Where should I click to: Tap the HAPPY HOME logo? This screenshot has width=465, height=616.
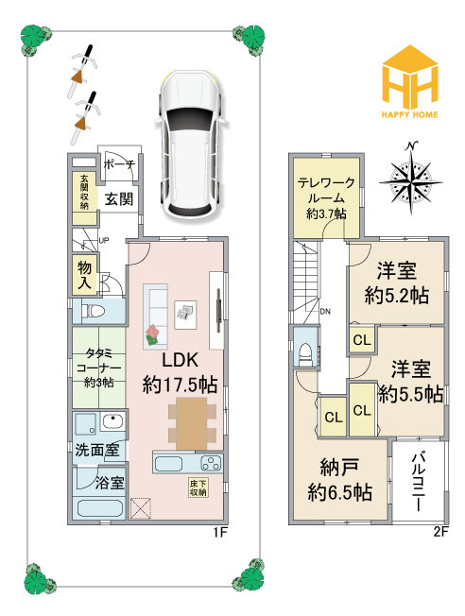[x=409, y=81]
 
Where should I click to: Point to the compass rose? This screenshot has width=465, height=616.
[x=411, y=178]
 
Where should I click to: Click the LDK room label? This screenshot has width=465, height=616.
[x=180, y=372]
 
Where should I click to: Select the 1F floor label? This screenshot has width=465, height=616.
[x=220, y=532]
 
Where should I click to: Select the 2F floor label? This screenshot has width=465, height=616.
[x=441, y=532]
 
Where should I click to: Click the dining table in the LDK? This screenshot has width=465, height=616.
[x=192, y=423]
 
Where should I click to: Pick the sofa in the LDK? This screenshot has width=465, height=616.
[x=155, y=316]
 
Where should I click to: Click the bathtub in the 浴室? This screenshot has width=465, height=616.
[x=99, y=508]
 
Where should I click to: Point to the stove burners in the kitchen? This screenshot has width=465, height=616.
[x=212, y=463]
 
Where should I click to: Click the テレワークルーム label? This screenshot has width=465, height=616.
[x=326, y=198]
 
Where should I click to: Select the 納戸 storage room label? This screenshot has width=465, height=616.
[x=339, y=480]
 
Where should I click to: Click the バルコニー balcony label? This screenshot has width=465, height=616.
[x=420, y=482]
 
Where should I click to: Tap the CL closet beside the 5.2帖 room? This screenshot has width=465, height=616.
[x=362, y=340]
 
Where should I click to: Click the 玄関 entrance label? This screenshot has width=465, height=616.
[x=119, y=199]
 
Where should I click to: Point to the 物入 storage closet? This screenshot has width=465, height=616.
[x=84, y=275]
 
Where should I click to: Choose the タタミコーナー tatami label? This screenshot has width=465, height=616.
[x=98, y=368]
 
